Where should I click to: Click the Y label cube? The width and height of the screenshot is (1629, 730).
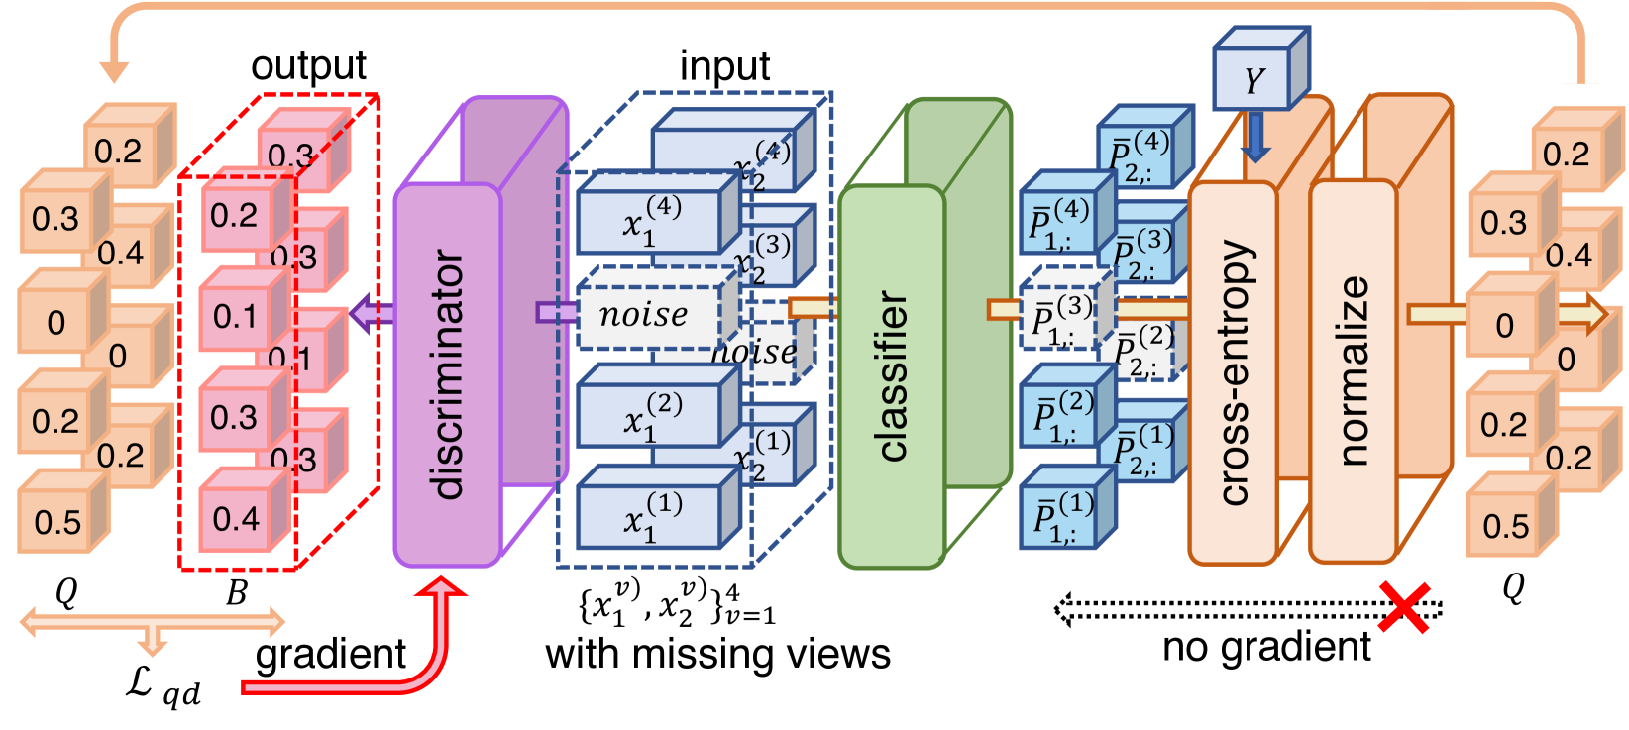coord(1252,79)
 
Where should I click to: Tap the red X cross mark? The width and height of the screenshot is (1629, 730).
coord(1404,606)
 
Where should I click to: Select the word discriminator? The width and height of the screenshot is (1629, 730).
coord(448,374)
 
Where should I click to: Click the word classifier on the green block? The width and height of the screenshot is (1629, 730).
coord(892,376)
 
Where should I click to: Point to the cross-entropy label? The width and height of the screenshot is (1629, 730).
coord(1234,372)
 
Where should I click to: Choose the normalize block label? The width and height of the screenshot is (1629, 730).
coord(1354,370)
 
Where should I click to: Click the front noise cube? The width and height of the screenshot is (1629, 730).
coord(648,316)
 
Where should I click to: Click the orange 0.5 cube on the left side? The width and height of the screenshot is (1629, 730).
coord(57,521)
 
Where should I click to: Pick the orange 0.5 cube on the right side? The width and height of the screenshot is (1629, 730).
coord(1505,525)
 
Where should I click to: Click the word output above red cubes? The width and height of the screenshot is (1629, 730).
coord(308,66)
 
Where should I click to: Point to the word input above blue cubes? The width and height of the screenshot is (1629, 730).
coord(724,66)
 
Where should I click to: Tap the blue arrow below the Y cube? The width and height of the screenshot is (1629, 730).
coord(1255,137)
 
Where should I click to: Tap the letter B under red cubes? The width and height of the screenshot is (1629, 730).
coord(236,593)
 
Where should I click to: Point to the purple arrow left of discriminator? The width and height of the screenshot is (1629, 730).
coord(371,314)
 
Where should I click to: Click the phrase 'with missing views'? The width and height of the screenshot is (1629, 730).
coord(717,655)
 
